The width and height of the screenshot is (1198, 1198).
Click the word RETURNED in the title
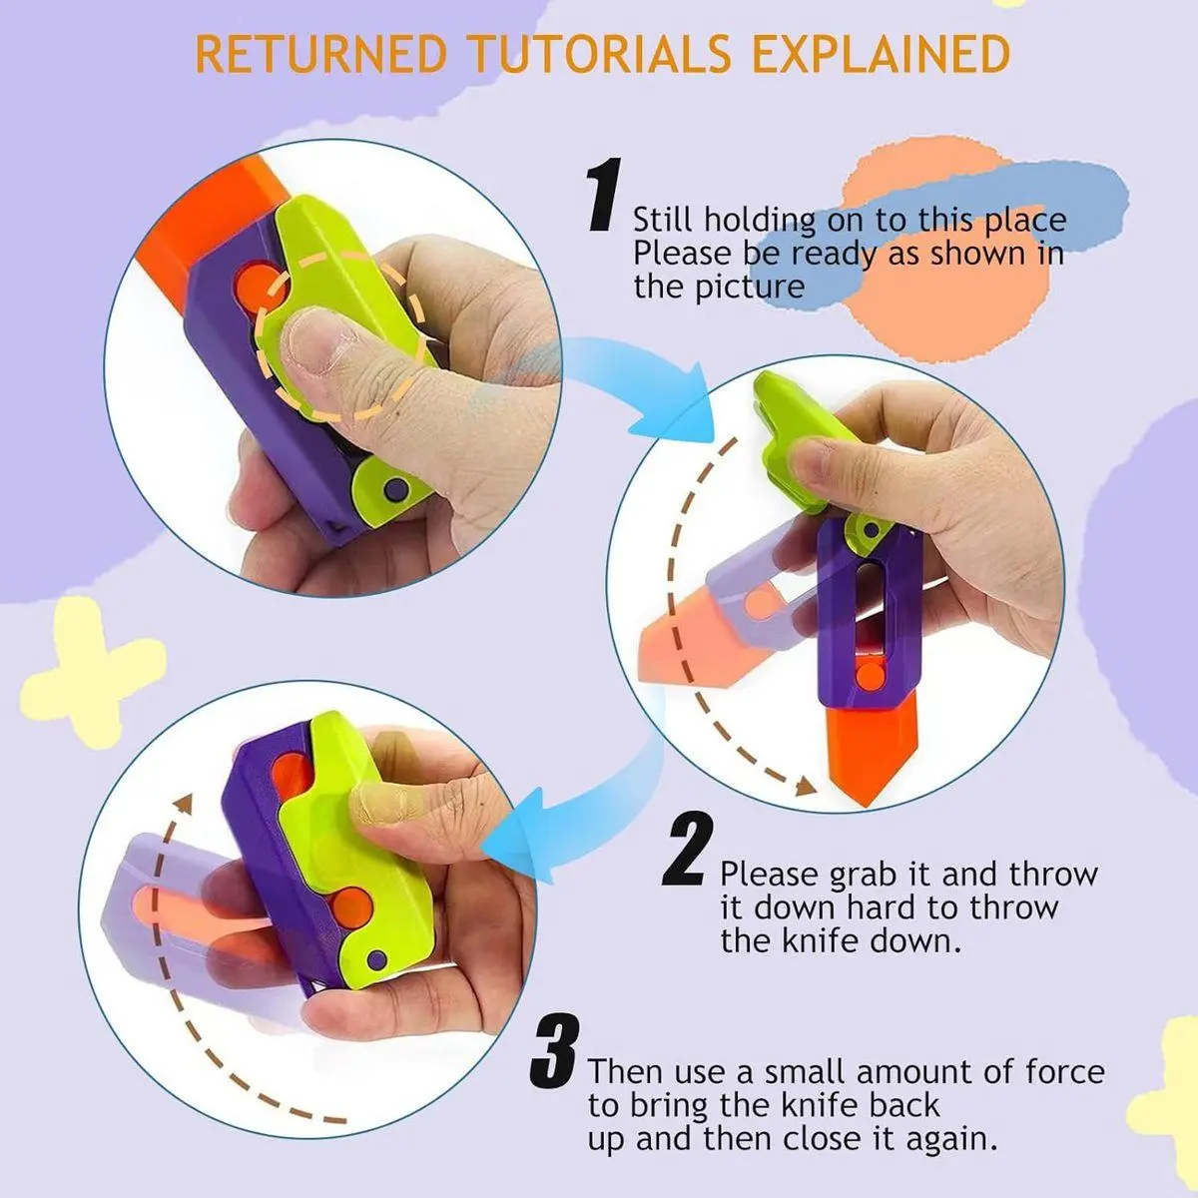point(320,55)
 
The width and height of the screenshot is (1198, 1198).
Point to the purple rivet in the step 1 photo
point(392,489)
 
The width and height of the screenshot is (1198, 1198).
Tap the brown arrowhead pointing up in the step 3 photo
point(183,804)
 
